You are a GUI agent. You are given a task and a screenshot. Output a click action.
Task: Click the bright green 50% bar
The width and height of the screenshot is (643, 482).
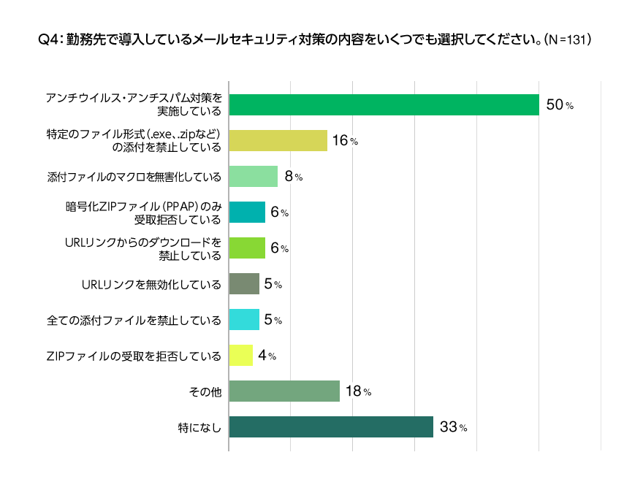(384, 105)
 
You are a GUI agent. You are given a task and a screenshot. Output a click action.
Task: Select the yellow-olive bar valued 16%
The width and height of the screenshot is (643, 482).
(278, 141)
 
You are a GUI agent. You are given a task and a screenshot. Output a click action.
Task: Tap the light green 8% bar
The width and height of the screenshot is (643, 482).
(254, 177)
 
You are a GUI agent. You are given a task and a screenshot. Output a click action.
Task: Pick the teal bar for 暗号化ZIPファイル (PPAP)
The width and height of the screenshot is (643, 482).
(247, 213)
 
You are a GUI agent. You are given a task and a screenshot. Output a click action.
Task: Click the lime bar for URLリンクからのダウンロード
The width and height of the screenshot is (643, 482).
(247, 248)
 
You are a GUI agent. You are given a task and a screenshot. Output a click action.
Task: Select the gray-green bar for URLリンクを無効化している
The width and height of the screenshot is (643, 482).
(244, 284)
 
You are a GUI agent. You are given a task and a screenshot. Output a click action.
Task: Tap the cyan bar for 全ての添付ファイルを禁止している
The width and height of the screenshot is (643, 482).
(244, 320)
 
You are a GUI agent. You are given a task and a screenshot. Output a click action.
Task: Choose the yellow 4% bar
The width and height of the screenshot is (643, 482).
(241, 356)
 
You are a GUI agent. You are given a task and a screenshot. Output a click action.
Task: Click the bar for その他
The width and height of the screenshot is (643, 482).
(284, 391)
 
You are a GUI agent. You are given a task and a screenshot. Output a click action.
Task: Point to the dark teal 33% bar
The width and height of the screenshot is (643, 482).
(331, 427)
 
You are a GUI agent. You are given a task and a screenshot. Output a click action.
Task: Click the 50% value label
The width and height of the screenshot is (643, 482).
(560, 105)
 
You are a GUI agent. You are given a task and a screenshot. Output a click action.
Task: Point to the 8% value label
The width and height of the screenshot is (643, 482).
(293, 177)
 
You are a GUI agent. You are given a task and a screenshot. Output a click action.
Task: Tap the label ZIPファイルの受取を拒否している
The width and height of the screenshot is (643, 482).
(134, 356)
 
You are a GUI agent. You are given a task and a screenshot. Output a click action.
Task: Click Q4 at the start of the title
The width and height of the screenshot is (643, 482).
(47, 39)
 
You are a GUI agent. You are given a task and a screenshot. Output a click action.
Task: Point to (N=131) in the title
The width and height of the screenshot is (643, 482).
(568, 39)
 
